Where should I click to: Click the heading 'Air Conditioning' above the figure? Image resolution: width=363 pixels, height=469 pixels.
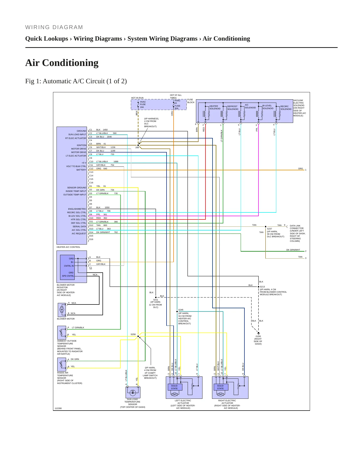(62, 63)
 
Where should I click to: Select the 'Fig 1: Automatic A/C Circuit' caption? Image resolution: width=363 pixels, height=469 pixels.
(76, 81)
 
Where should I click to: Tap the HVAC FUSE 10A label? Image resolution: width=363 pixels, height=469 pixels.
(143, 105)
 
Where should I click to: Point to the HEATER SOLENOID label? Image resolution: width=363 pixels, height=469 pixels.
(215, 107)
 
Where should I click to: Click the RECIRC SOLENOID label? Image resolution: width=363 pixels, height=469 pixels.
(286, 108)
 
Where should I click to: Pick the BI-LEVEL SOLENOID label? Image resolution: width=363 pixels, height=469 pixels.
(268, 107)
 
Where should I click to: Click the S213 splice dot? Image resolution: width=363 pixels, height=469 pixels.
(258, 287)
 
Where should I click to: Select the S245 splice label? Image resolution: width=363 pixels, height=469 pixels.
(181, 310)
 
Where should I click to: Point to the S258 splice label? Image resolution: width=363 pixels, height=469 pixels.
(133, 334)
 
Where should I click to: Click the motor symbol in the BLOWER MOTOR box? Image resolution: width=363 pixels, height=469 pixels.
(62, 309)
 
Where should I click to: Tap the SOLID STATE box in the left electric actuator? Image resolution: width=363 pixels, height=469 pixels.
(174, 387)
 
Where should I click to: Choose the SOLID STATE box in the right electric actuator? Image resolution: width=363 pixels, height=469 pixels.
(220, 387)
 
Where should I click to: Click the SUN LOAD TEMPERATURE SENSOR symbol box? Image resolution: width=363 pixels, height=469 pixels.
(133, 392)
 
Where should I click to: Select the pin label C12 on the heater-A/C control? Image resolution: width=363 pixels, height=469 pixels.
(91, 169)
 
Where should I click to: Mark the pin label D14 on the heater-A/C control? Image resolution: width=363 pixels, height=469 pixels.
(91, 232)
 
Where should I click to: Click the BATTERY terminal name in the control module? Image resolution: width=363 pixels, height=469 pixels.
(81, 170)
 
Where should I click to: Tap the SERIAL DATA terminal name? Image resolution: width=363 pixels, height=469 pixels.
(79, 226)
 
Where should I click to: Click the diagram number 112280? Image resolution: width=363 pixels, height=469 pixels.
(58, 408)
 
